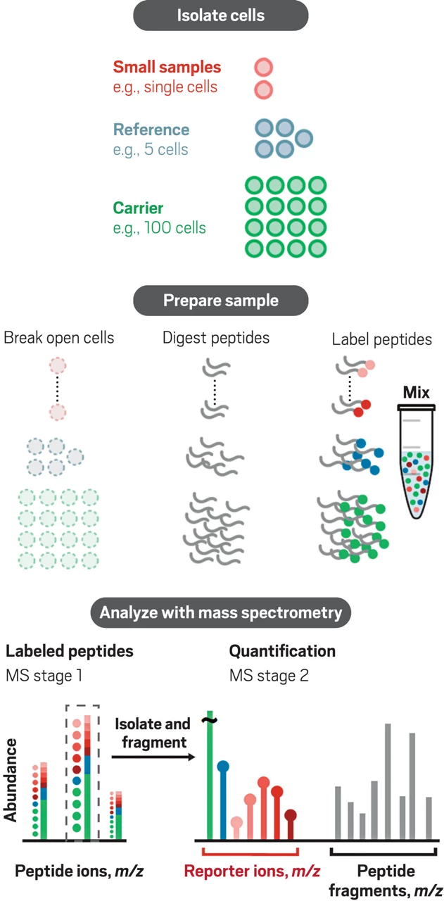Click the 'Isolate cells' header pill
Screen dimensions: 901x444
click(221, 15)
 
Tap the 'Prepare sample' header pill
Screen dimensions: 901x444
click(221, 301)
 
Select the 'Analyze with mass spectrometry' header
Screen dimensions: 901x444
click(221, 612)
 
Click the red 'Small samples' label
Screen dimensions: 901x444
click(167, 68)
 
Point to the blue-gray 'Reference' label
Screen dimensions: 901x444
click(151, 130)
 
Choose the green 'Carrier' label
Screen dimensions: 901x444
click(139, 209)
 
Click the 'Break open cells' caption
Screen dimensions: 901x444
click(59, 338)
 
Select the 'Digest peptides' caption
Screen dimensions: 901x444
click(216, 338)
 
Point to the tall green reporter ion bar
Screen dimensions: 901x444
click(209, 774)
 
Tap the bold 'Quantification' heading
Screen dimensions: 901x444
click(282, 651)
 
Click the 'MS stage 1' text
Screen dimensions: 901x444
click(44, 676)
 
